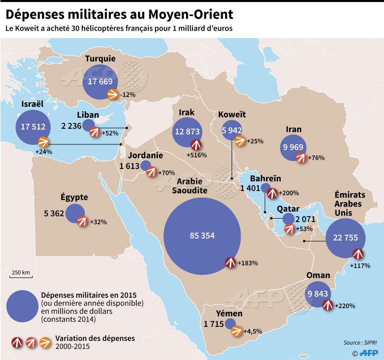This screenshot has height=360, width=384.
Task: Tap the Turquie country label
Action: (100, 59)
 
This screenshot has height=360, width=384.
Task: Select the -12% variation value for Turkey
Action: (128, 94)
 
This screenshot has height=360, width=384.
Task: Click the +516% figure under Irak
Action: (196, 155)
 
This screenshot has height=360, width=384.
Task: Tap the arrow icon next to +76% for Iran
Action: (301, 158)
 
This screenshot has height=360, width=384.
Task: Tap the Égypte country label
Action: (74, 197)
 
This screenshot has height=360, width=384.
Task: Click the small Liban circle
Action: (89, 125)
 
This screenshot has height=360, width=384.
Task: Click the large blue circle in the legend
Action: (23, 306)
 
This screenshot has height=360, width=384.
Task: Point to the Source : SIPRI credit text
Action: (359, 342)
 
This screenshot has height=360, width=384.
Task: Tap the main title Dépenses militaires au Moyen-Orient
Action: (119, 12)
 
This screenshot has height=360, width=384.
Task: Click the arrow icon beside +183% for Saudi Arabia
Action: (230, 262)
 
